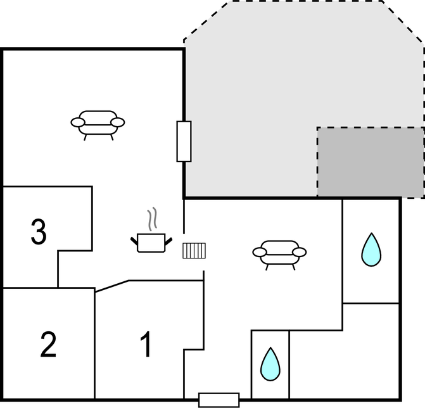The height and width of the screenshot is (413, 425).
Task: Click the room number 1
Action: click(x=146, y=344)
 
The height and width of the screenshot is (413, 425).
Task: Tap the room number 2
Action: click(x=48, y=345)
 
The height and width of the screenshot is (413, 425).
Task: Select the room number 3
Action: click(x=39, y=231)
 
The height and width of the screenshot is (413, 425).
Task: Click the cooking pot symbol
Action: click(x=151, y=243)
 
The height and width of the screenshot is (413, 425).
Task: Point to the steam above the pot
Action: click(x=152, y=219)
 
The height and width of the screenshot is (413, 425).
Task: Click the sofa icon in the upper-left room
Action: click(x=98, y=125)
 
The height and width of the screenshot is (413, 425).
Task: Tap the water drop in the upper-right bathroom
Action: click(x=371, y=250)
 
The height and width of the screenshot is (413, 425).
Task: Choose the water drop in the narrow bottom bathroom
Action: click(x=270, y=364)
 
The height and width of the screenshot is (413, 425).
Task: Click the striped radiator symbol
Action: click(x=194, y=251)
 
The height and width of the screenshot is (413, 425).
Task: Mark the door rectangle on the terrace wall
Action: click(x=184, y=141)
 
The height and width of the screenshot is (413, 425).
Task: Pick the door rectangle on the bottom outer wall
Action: click(x=219, y=400)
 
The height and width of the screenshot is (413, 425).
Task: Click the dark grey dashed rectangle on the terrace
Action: click(x=371, y=162)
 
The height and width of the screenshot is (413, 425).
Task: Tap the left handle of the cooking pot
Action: click(x=134, y=241)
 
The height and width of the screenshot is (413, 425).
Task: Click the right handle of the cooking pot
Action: click(x=168, y=241)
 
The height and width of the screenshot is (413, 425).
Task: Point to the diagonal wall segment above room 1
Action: click(x=111, y=286)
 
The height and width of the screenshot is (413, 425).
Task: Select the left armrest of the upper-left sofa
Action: click(x=78, y=122)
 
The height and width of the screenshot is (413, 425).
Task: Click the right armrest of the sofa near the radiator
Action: click(x=300, y=252)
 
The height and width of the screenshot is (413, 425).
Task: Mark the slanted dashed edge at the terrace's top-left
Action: click(x=206, y=20)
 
